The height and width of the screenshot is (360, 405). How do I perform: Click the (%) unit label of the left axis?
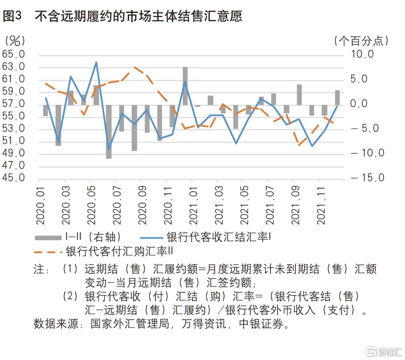15,40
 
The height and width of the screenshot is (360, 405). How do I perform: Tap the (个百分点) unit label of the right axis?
361,40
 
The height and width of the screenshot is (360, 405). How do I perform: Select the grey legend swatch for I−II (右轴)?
48,237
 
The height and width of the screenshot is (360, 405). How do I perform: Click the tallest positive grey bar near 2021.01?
185,86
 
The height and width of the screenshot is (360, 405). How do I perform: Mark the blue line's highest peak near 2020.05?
96,62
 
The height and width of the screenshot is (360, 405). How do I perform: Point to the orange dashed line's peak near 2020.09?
135,67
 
